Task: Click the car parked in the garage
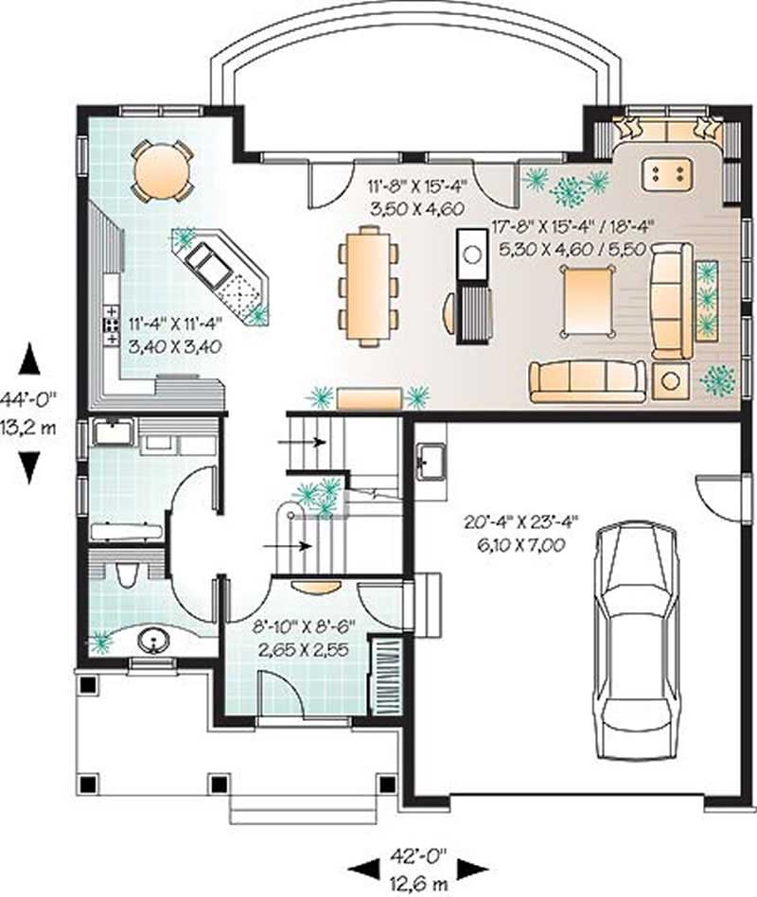[x=636, y=640]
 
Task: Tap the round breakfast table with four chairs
[x=162, y=170]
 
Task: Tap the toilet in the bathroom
[x=124, y=573]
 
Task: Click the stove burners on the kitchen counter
[x=111, y=324]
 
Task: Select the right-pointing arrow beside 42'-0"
[x=472, y=867]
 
